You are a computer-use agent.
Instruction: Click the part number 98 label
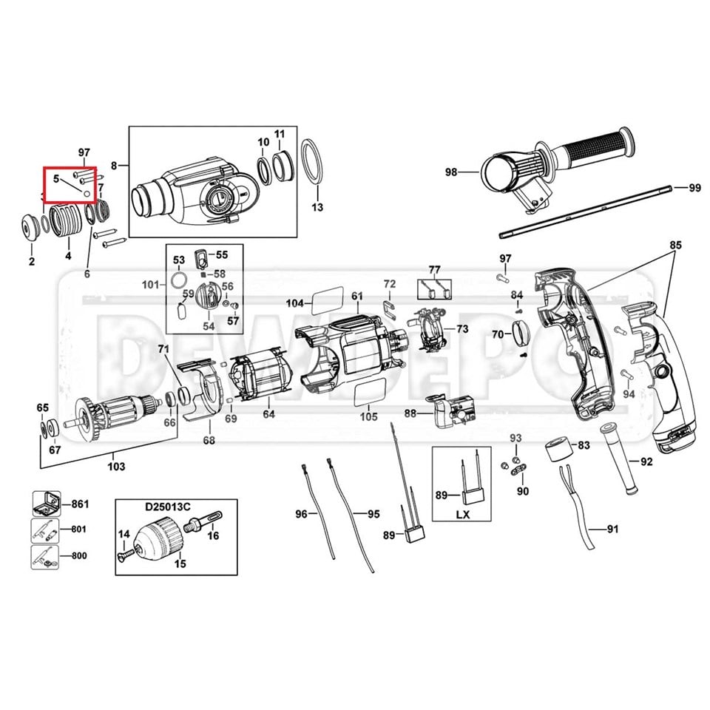pyautogui.click(x=451, y=172)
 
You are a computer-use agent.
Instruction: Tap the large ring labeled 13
pyautogui.click(x=314, y=159)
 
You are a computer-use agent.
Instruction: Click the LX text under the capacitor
pyautogui.click(x=462, y=513)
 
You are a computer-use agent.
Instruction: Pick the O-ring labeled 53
pyautogui.click(x=179, y=281)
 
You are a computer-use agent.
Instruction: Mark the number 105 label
pyautogui.click(x=368, y=417)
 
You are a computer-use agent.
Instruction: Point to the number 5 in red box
pyautogui.click(x=55, y=178)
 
